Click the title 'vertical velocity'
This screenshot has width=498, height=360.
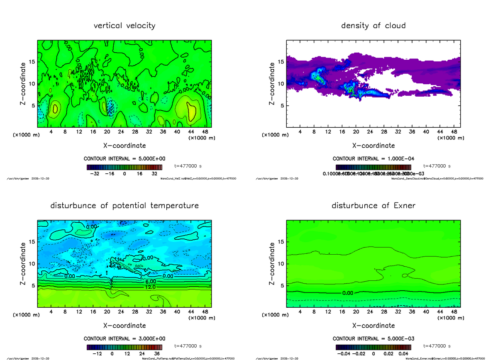point(124,26)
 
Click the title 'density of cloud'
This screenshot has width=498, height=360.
point(373,26)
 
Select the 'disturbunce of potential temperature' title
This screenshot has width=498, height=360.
point(124,206)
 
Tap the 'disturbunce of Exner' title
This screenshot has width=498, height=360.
point(373,206)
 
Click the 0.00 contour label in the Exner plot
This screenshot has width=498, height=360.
point(348,293)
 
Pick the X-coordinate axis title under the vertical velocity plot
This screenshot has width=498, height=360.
point(124,146)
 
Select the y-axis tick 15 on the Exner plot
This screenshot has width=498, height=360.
point(281,241)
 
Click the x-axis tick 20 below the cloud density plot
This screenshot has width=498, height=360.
point(356,132)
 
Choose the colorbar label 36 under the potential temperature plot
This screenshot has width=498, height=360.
point(157,354)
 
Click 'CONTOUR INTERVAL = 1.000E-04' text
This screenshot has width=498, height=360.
point(373,159)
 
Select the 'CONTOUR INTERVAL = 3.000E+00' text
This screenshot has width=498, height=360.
point(124,339)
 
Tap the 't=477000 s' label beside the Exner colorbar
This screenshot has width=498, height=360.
point(437,346)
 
